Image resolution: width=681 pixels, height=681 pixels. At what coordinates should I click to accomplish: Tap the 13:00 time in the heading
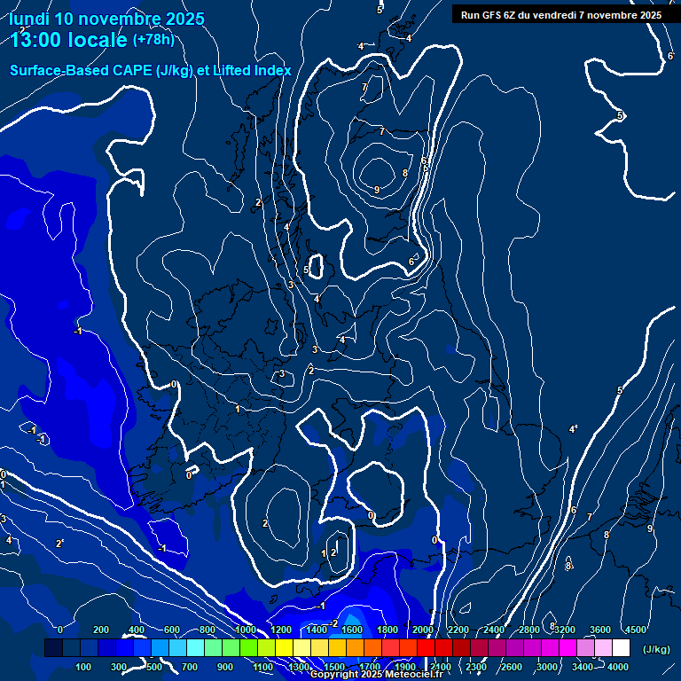pyautogui.click(x=40, y=40)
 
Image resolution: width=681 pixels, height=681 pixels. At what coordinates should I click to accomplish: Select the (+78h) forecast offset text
pyautogui.click(x=153, y=40)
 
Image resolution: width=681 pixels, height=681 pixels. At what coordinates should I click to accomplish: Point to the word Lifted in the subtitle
pyautogui.click(x=233, y=71)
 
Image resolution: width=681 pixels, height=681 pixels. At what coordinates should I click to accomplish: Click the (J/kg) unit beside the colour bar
pyautogui.click(x=655, y=650)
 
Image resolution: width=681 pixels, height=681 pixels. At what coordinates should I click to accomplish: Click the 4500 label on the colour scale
pyautogui.click(x=635, y=629)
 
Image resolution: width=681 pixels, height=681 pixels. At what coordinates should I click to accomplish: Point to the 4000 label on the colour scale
pyautogui.click(x=619, y=666)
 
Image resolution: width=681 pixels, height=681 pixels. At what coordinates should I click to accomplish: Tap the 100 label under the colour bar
pyautogui.click(x=84, y=666)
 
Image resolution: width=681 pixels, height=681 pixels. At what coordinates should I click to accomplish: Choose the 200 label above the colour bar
pyautogui.click(x=101, y=629)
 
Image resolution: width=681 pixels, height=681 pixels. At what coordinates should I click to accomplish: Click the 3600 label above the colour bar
pyautogui.click(x=600, y=629)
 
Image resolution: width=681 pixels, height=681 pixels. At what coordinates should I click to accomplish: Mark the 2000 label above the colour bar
pyautogui.click(x=422, y=629)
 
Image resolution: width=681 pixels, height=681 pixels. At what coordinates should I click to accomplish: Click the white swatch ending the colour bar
pyautogui.click(x=621, y=648)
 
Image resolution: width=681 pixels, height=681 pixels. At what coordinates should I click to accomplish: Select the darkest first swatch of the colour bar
pyautogui.click(x=53, y=648)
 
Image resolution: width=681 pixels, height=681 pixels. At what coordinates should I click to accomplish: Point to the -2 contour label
pyautogui.click(x=334, y=624)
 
